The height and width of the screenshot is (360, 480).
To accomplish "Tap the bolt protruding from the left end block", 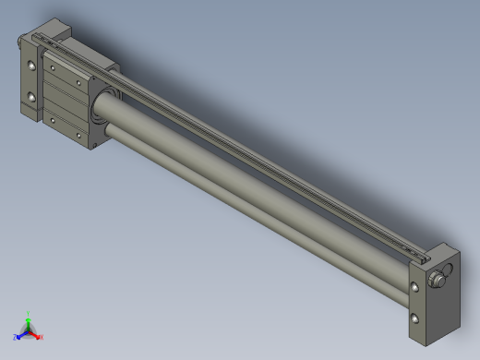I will point(18,40).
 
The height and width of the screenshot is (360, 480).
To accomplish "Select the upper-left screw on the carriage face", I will point(53,66).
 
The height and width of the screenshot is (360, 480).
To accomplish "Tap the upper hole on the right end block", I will point(414,288).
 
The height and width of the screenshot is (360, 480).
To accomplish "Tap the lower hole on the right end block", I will point(414,318).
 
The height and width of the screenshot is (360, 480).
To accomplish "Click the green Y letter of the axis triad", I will point(29,313).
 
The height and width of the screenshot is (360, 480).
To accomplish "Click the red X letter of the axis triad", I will point(41,337).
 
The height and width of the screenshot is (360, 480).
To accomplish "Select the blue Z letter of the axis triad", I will point(16,337).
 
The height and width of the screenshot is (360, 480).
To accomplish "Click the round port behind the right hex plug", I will point(449,270).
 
